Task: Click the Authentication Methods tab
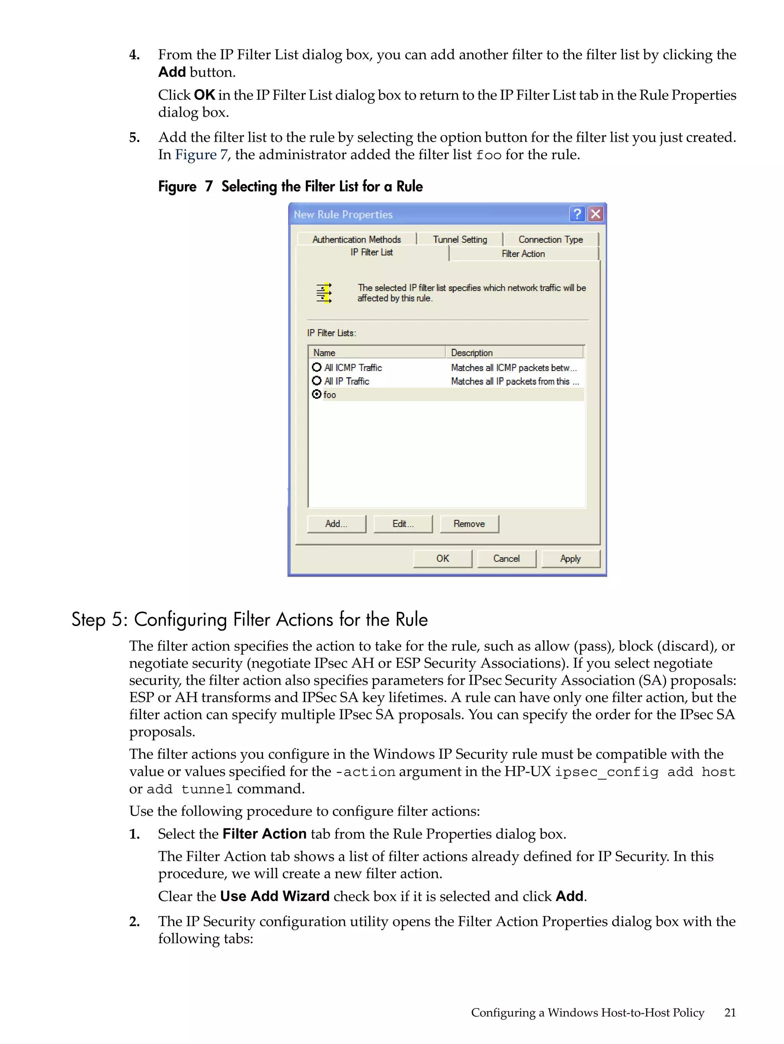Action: pyautogui.click(x=356, y=239)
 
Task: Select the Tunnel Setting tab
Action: pyautogui.click(x=460, y=239)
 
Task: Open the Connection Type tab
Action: pyautogui.click(x=550, y=239)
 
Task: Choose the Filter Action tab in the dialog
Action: pyautogui.click(x=523, y=254)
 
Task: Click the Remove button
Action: pyautogui.click(x=469, y=524)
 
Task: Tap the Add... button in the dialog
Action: pyautogui.click(x=336, y=524)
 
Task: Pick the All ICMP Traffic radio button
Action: pyautogui.click(x=317, y=367)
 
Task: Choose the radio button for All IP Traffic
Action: pyautogui.click(x=317, y=381)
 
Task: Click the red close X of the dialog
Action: pyautogui.click(x=596, y=214)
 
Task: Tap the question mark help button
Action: pyautogui.click(x=577, y=214)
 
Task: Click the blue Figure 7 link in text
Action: pyautogui.click(x=201, y=155)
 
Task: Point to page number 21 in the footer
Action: pyautogui.click(x=730, y=1012)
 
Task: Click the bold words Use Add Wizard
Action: pyautogui.click(x=275, y=896)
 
